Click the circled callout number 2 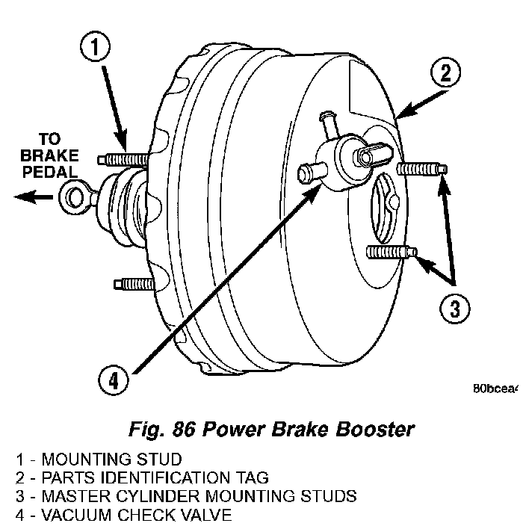[445, 72]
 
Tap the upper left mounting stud [124, 158]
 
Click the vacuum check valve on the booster [335, 156]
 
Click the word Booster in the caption [377, 430]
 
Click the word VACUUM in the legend [72, 514]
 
